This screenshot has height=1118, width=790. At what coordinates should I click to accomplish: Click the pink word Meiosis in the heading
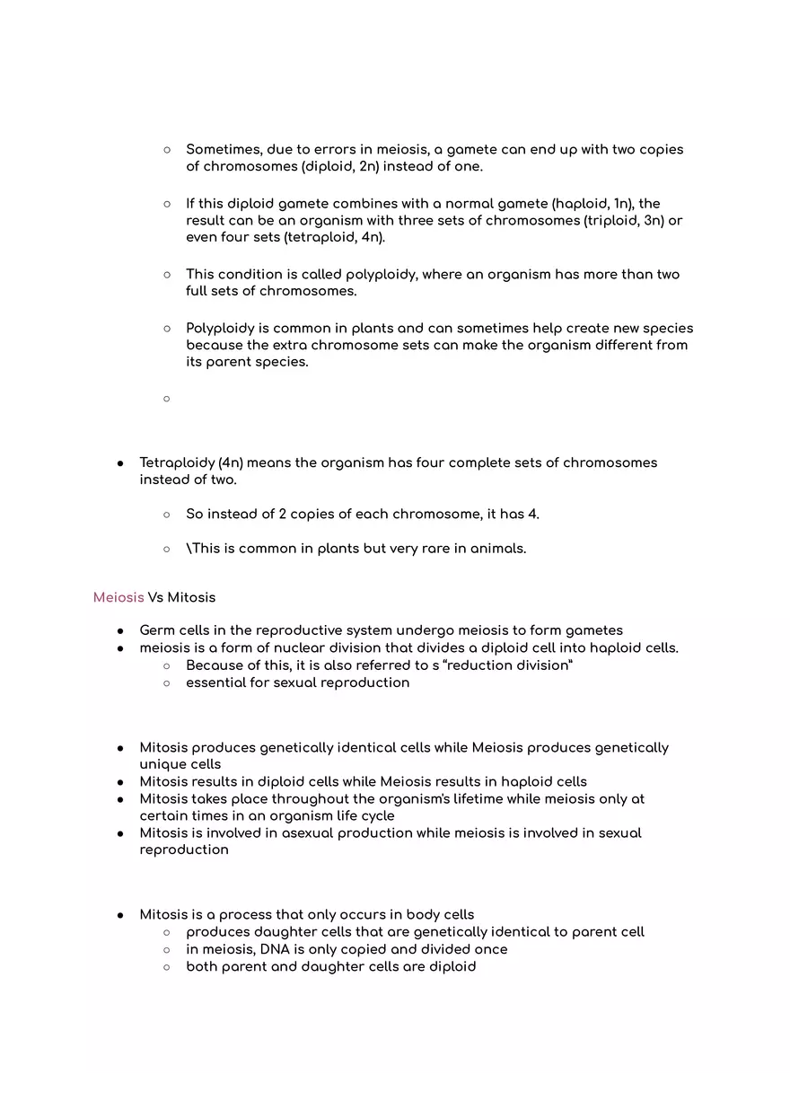[118, 597]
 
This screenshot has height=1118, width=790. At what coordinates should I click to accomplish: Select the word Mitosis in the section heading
[191, 597]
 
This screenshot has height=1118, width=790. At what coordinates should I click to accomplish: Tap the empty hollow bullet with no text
[167, 398]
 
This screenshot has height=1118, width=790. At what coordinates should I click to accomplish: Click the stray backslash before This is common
[189, 549]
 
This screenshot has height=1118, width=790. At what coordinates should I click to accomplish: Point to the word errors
[336, 150]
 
